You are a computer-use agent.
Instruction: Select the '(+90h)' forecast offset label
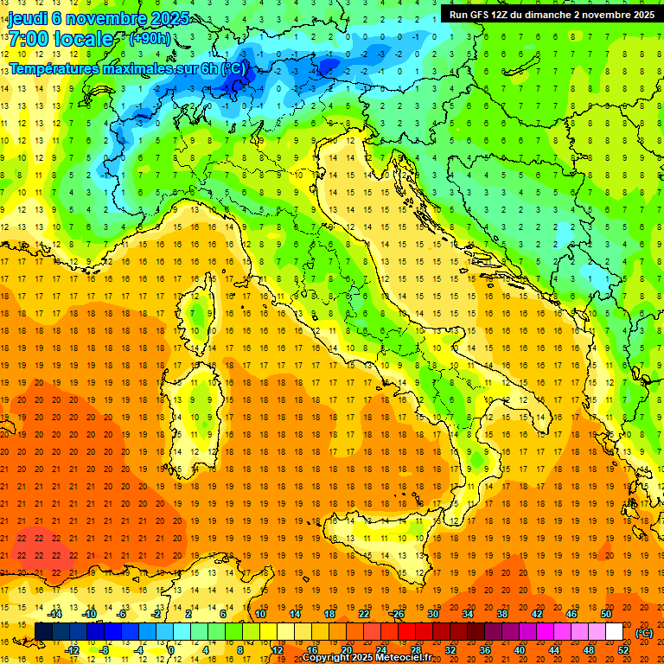pos(150,39)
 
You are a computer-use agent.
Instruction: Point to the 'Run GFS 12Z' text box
pos(552,15)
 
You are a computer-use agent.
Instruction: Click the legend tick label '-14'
pos(55,614)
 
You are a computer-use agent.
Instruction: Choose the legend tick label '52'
pos(623,650)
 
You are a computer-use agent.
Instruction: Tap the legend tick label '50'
pos(606,614)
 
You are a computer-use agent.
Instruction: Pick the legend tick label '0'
pos(171,650)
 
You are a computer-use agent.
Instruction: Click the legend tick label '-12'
pos(73,650)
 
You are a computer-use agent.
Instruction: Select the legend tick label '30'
pos(432,614)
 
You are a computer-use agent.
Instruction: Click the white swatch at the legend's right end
pos(614,631)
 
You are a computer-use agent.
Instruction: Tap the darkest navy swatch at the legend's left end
pos(43,631)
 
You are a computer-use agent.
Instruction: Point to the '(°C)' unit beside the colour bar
pos(644,632)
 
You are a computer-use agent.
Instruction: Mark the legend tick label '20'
pos(347,650)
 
